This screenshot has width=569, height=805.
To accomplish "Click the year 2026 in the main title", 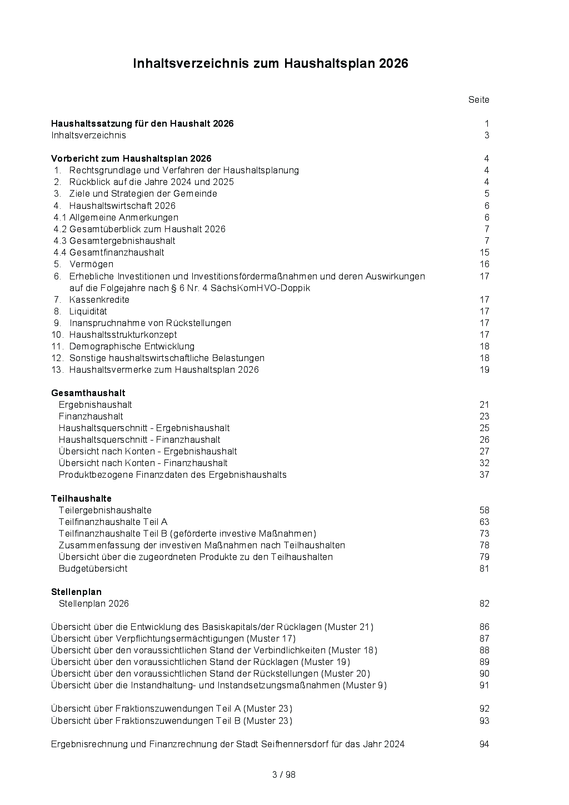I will point(393,64).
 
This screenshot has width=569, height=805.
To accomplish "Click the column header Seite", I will point(478,100).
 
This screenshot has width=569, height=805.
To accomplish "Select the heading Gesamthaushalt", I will point(88,393).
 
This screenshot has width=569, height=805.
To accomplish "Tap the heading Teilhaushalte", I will point(81,499).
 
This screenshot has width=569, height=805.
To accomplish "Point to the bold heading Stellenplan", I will point(76,592).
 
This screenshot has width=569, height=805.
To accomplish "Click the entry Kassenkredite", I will point(99,300).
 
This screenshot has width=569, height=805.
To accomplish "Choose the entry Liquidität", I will point(88,312).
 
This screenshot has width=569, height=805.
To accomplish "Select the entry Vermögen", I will point(91,264).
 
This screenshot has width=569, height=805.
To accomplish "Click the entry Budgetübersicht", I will point(93,569).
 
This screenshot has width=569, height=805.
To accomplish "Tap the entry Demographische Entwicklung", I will point(132,347).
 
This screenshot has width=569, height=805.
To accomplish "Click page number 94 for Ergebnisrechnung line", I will point(484,744).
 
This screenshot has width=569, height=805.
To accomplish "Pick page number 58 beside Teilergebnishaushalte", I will point(484,511).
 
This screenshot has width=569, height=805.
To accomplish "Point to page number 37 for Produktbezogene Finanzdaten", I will point(484,475).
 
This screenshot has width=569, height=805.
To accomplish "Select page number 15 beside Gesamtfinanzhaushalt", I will point(484,253).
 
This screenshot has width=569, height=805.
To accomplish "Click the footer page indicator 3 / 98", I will point(284,775).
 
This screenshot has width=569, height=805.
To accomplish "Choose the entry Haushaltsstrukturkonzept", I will point(123,335).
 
